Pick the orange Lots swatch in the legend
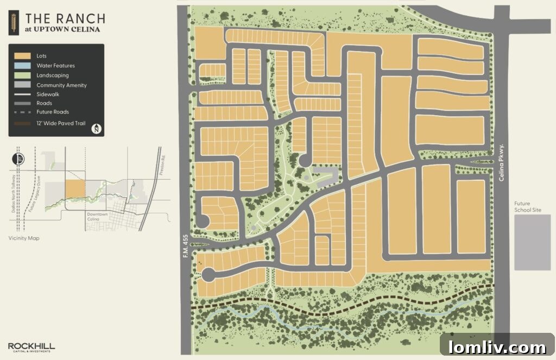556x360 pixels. click(22, 56)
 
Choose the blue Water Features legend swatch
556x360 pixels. click(22, 66)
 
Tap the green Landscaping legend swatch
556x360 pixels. click(22, 75)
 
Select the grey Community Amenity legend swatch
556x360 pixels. click(22, 85)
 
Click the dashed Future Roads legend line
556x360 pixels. click(22, 112)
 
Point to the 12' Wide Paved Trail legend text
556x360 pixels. click(61, 124)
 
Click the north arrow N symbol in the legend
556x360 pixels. click(96, 129)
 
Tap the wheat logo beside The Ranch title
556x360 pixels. click(12, 22)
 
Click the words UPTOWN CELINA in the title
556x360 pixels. click(66, 29)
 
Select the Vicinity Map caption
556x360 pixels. click(24, 238)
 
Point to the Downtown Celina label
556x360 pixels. click(98, 216)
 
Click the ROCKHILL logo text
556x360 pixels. click(31, 345)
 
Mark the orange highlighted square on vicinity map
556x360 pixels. click(75, 190)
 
